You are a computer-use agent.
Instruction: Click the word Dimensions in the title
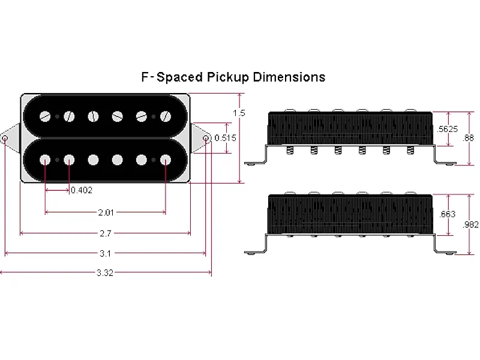tap(289, 77)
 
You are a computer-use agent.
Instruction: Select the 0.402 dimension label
tap(82, 190)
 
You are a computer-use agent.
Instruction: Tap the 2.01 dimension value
tap(106, 212)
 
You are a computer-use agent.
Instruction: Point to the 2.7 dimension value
tap(106, 233)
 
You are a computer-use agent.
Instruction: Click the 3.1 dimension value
tap(106, 254)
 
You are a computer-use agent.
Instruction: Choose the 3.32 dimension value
tap(106, 273)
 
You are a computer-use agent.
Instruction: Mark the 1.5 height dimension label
tap(239, 113)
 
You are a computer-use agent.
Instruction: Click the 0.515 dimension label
tap(226, 138)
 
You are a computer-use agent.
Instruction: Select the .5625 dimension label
tap(448, 128)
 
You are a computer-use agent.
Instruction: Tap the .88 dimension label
tap(469, 138)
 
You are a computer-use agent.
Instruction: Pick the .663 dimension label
tap(447, 214)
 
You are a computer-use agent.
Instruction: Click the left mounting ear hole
tap(5, 139)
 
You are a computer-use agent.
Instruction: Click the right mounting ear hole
tap(206, 139)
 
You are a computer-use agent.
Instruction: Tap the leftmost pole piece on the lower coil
tap(46, 160)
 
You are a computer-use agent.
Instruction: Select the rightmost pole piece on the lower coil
tap(164, 160)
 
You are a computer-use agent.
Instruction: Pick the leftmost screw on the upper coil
tap(46, 116)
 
